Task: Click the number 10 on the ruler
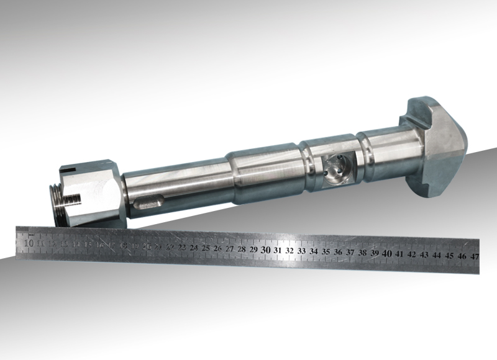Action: (x=29, y=243)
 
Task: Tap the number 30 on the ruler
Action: (x=265, y=249)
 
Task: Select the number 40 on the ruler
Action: (x=386, y=254)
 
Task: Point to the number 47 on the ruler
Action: (x=474, y=256)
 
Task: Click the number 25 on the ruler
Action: (x=206, y=248)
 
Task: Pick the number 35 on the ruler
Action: (x=326, y=251)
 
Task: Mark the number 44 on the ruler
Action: (x=437, y=255)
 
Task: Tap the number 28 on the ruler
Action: (x=241, y=249)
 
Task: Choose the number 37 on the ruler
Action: (x=350, y=253)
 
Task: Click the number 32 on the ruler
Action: (x=290, y=250)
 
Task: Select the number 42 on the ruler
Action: (x=411, y=254)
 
